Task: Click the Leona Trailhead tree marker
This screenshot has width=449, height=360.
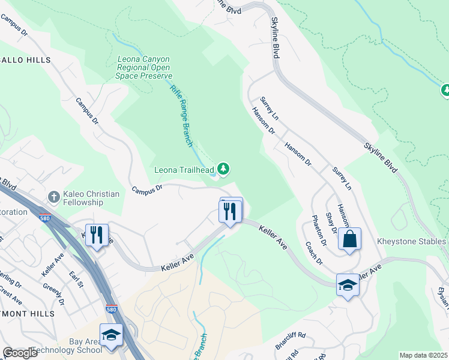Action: pyautogui.click(x=223, y=169)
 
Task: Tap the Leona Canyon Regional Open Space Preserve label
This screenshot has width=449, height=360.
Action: pyautogui.click(x=144, y=68)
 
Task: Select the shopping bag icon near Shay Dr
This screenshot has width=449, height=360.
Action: pyautogui.click(x=349, y=239)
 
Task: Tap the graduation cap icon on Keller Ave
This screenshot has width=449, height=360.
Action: pyautogui.click(x=348, y=284)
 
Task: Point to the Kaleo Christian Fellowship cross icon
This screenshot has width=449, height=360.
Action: pyautogui.click(x=53, y=197)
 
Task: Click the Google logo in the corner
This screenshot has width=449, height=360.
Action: pyautogui.click(x=20, y=353)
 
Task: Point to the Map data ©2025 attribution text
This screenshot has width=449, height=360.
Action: pyautogui.click(x=423, y=355)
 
